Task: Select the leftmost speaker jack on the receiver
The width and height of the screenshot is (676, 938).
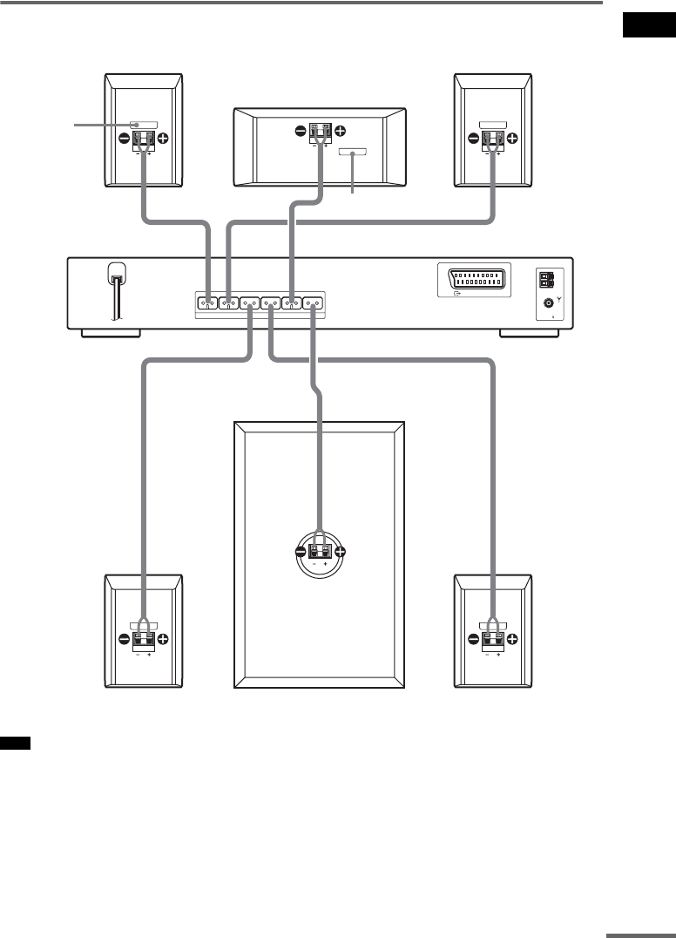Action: (207, 303)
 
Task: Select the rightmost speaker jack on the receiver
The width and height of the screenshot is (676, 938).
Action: (313, 303)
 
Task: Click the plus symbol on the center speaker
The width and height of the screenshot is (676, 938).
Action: (340, 133)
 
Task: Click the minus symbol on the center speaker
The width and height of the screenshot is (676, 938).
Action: (301, 133)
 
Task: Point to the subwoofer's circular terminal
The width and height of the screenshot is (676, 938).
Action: (320, 552)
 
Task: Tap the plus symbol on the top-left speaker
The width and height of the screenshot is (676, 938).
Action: (164, 138)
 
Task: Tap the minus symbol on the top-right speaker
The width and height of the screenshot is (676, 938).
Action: (474, 138)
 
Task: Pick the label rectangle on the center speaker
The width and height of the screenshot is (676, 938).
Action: (353, 153)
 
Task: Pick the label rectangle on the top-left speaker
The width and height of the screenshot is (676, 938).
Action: (144, 124)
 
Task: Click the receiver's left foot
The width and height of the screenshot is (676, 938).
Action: (102, 334)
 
